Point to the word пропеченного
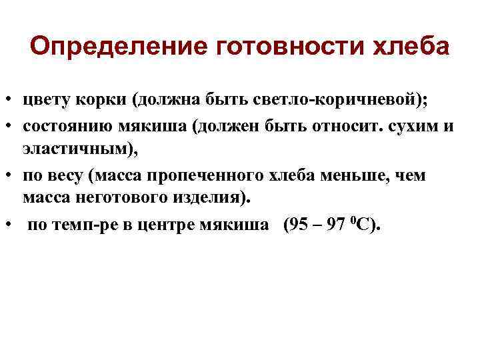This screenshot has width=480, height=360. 198,175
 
